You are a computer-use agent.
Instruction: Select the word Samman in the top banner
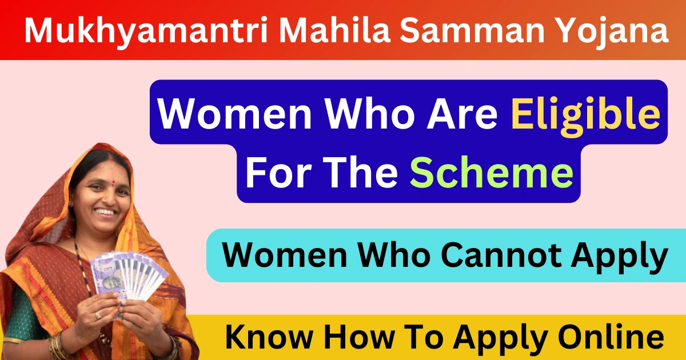pos(472,30)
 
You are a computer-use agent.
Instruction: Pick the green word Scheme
pos(492,173)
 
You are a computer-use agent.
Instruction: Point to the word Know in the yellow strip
pos(269,337)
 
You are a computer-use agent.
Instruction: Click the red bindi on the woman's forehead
pos(113,183)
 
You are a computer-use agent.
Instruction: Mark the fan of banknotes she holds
pos(129,275)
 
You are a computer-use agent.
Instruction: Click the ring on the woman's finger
pos(98,315)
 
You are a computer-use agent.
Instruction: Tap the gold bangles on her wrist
pos(57,345)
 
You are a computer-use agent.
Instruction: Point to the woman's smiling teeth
pos(105,212)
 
